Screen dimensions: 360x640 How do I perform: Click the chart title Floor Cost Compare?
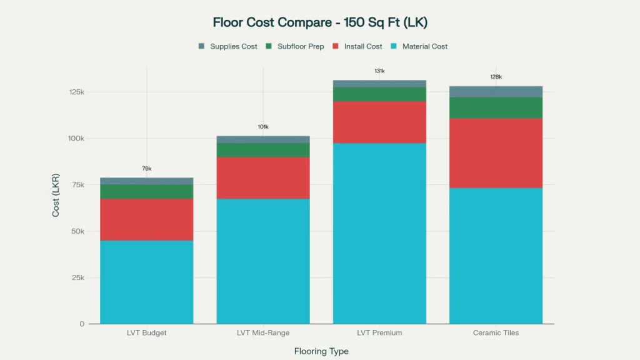(320, 22)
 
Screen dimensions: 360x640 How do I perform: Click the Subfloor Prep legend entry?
(294, 46)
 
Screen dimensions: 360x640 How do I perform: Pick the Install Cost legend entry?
(357, 46)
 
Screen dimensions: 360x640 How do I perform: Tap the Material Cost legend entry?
(419, 46)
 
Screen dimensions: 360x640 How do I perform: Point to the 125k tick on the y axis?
(76, 92)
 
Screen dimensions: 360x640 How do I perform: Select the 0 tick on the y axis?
(81, 324)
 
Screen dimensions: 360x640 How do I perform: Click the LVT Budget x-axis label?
(146, 333)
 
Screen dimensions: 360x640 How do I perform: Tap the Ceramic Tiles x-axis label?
(496, 333)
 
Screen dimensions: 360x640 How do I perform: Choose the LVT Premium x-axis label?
(379, 333)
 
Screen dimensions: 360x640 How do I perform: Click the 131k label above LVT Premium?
(379, 71)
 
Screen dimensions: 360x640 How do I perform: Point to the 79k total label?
(146, 169)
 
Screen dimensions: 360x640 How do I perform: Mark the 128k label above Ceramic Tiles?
(496, 77)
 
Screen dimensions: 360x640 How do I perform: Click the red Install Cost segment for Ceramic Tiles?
(496, 153)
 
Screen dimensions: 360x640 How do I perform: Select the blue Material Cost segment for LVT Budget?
(146, 282)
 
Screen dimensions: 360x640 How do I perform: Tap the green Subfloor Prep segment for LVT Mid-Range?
(263, 150)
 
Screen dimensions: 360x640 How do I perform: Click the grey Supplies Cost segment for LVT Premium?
(379, 84)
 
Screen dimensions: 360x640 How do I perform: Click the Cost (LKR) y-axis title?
(56, 194)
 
